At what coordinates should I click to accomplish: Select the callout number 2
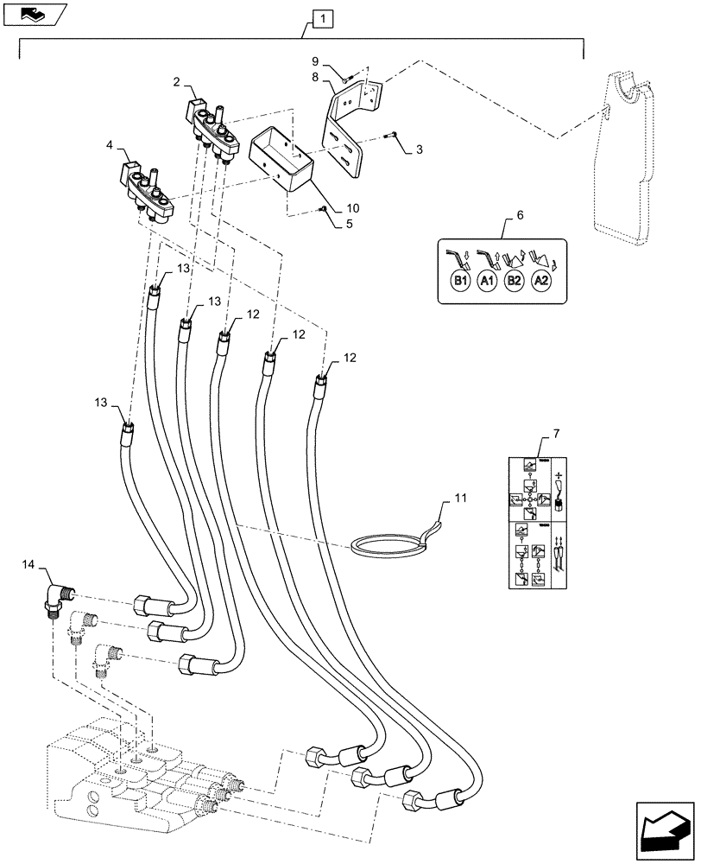click(176, 82)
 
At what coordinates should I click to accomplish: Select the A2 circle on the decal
click(541, 282)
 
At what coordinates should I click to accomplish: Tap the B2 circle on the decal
click(514, 282)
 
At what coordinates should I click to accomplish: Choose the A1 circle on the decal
click(486, 282)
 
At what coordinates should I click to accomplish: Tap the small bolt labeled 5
click(321, 209)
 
